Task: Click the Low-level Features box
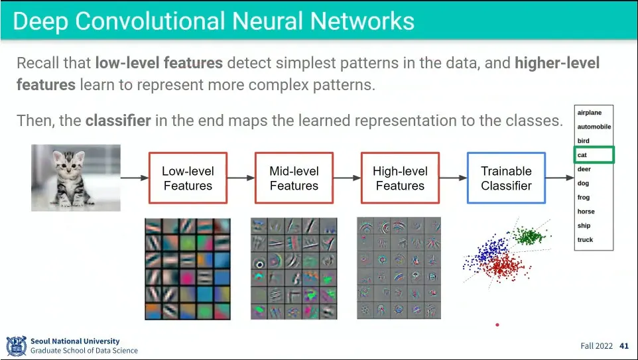pyautogui.click(x=188, y=178)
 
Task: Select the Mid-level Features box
pyautogui.click(x=294, y=178)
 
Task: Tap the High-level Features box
pyautogui.click(x=400, y=178)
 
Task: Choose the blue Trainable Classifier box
pyautogui.click(x=506, y=178)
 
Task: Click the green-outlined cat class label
pyautogui.click(x=594, y=155)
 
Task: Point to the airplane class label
pyautogui.click(x=590, y=113)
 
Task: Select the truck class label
pyautogui.click(x=585, y=240)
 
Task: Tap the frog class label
pyautogui.click(x=584, y=198)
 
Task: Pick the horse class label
pyautogui.click(x=586, y=211)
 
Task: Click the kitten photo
pyautogui.click(x=76, y=178)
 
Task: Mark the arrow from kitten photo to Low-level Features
pyautogui.click(x=135, y=178)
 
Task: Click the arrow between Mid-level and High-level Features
pyautogui.click(x=347, y=178)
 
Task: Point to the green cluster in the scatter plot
pyautogui.click(x=529, y=235)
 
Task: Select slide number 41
pyautogui.click(x=623, y=346)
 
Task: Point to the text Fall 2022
pyautogui.click(x=596, y=346)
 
